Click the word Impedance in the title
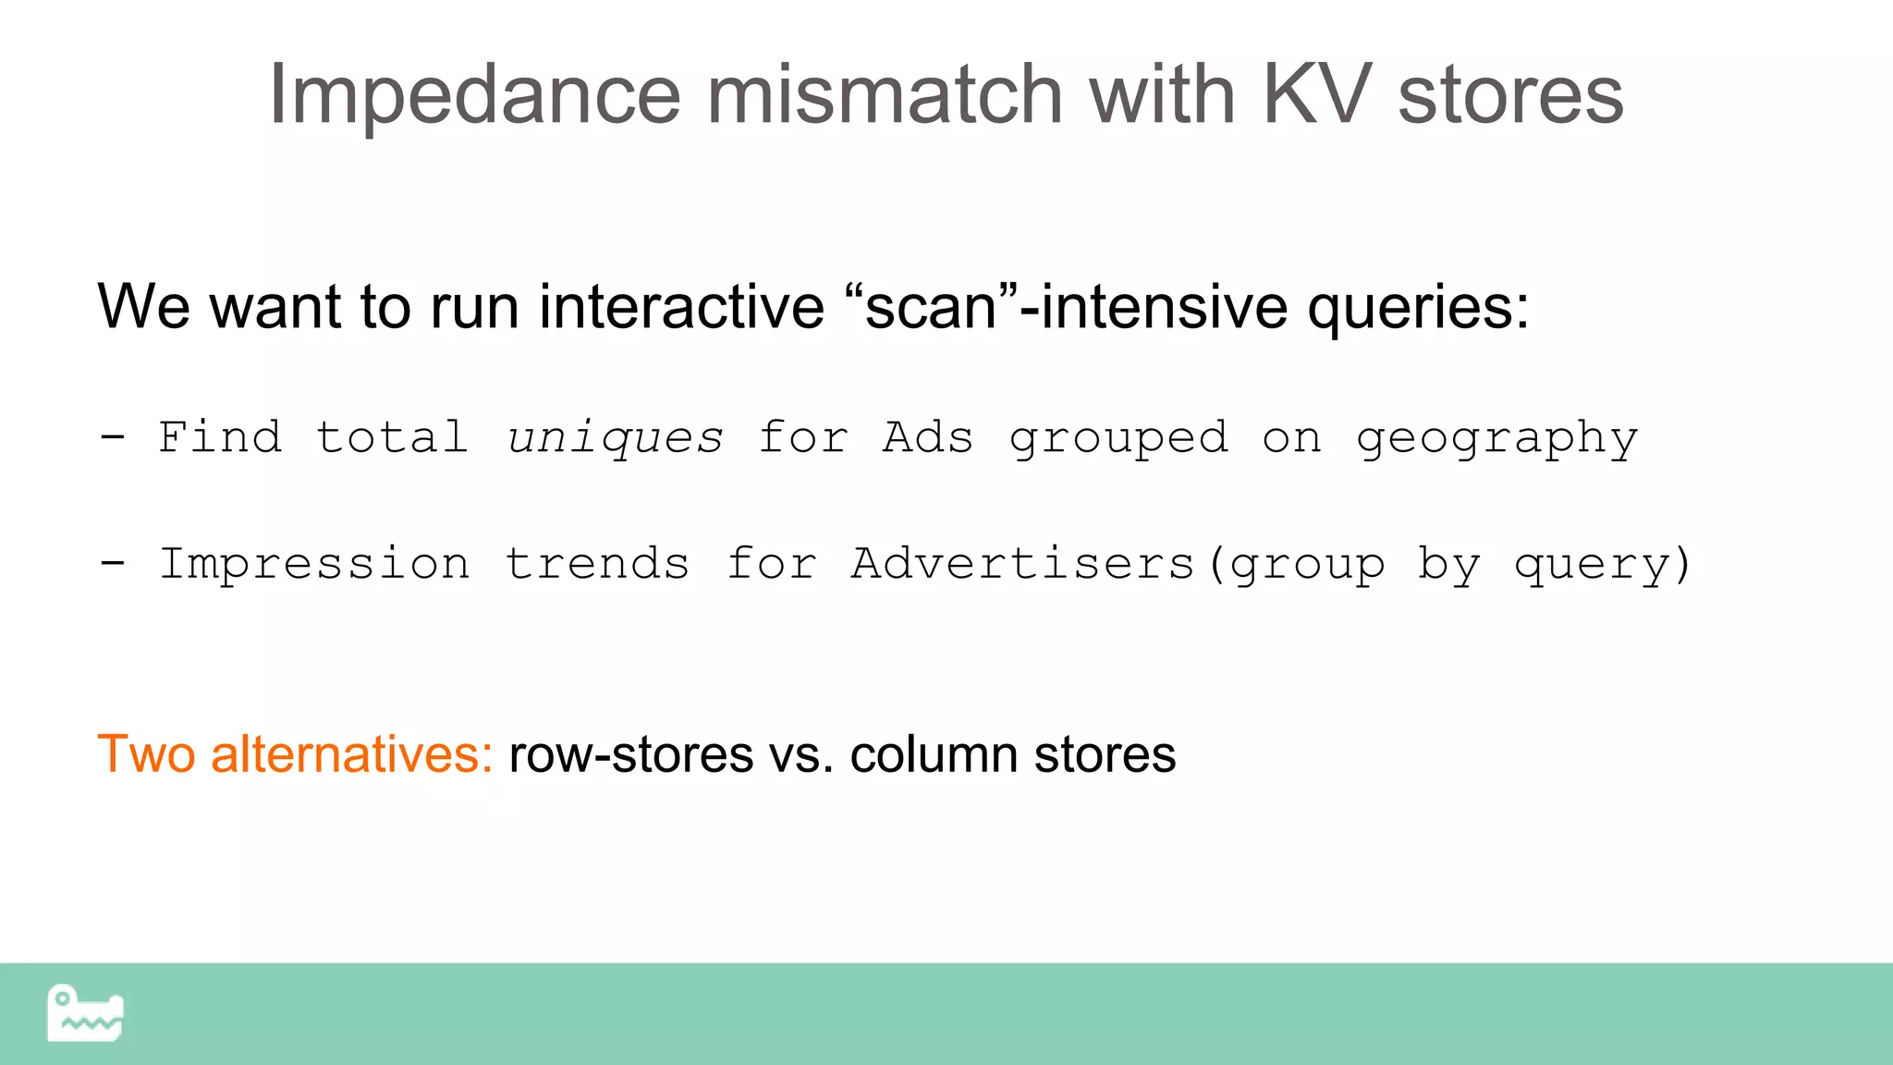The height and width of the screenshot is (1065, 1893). pyautogui.click(x=474, y=95)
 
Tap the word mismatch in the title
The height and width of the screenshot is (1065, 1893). pyautogui.click(x=885, y=95)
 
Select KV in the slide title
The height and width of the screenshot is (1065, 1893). pyautogui.click(x=1316, y=95)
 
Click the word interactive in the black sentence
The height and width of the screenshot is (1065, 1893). pyautogui.click(x=681, y=307)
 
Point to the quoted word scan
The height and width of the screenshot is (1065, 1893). pyautogui.click(x=931, y=307)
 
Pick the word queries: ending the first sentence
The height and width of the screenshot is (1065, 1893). pyautogui.click(x=1418, y=309)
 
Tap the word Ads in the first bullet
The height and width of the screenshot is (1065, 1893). pyautogui.click(x=928, y=437)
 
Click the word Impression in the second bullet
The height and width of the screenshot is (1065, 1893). pyautogui.click(x=314, y=564)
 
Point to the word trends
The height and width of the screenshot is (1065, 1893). pyautogui.click(x=597, y=564)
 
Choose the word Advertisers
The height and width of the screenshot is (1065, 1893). pyautogui.click(x=1023, y=564)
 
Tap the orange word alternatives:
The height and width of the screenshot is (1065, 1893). pyautogui.click(x=352, y=754)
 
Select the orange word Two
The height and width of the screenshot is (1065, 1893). pyautogui.click(x=146, y=754)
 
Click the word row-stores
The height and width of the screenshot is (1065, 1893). pyautogui.click(x=631, y=754)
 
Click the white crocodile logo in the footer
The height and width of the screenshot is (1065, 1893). pyautogui.click(x=85, y=1013)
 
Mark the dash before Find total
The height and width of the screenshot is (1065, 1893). pyautogui.click(x=113, y=436)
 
